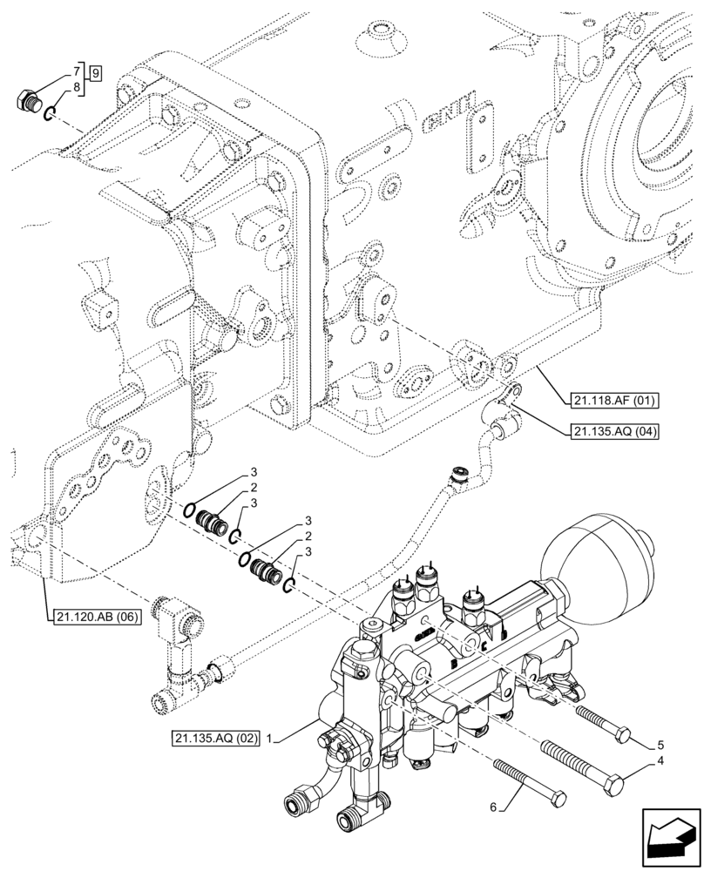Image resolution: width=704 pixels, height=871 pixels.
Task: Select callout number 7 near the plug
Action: pos(78,68)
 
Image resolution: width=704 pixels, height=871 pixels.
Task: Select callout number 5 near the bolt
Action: pos(660,744)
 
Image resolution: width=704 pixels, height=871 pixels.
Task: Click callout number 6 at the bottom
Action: pos(495,807)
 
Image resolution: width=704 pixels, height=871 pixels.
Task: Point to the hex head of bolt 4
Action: pos(617,787)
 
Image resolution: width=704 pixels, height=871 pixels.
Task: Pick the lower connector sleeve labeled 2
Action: pos(264,572)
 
